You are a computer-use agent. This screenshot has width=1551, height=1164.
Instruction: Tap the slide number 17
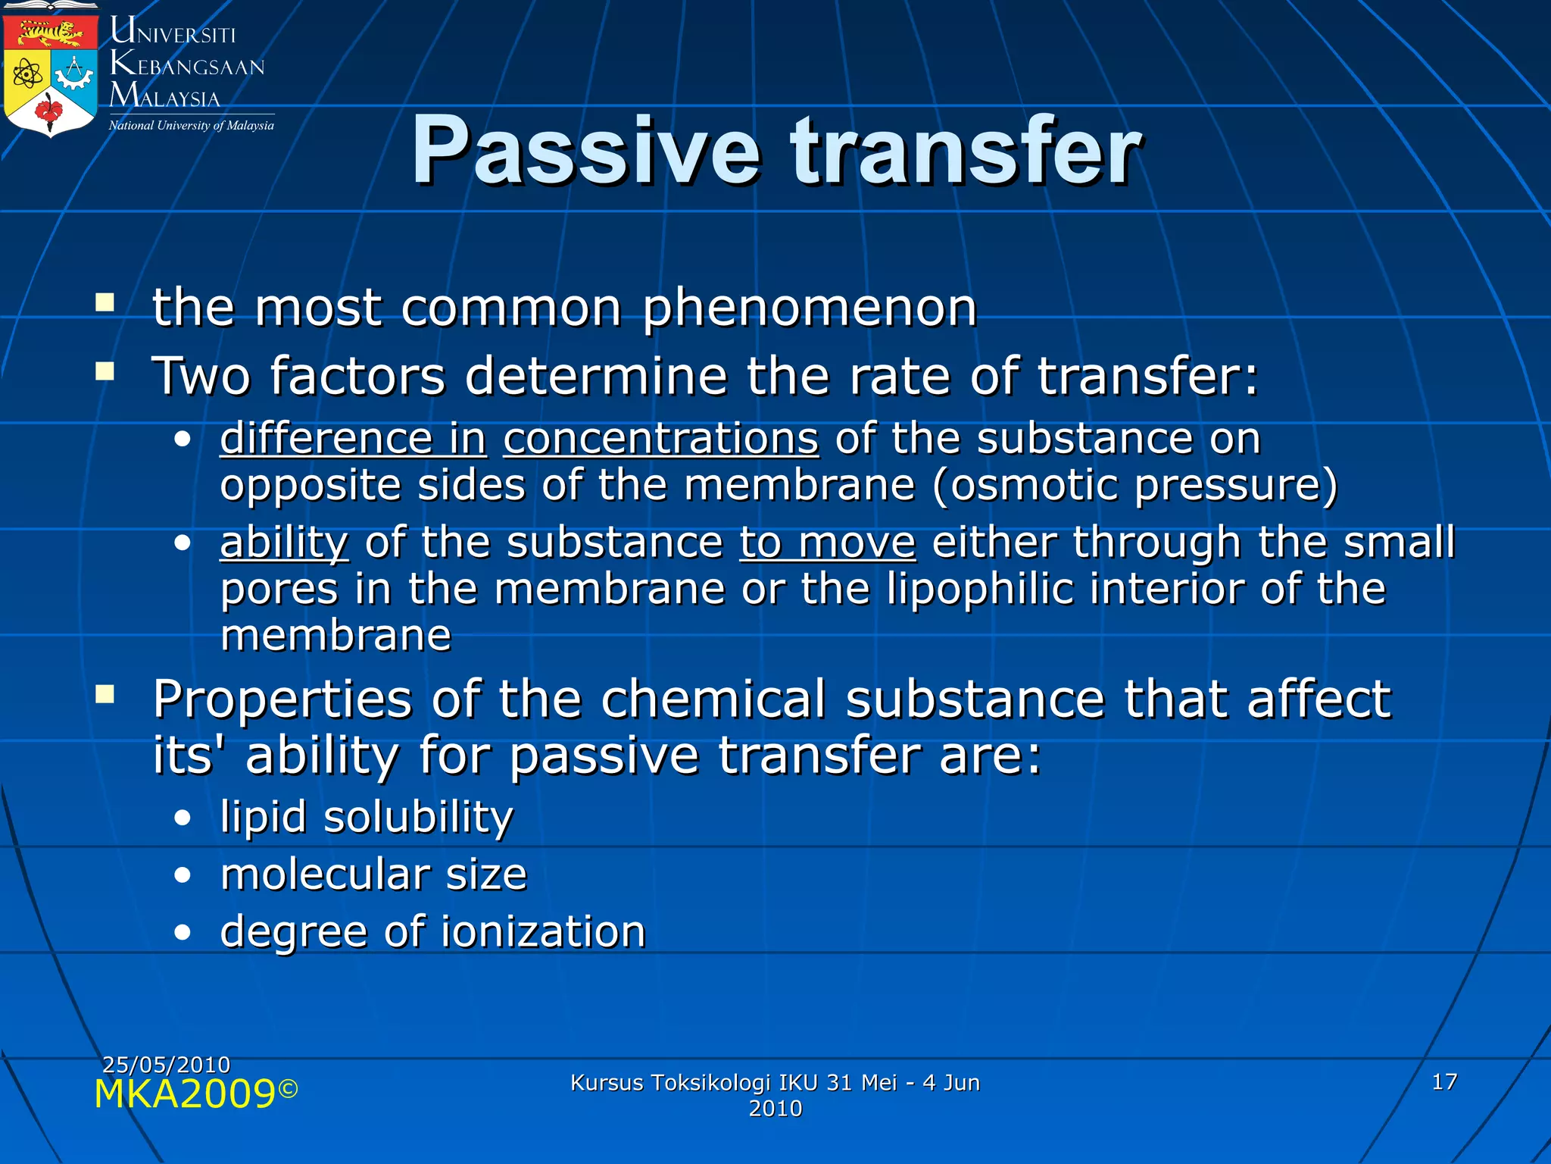click(1444, 1081)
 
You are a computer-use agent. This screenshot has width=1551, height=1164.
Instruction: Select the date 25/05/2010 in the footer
click(166, 1065)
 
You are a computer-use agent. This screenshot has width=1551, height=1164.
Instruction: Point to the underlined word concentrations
click(661, 439)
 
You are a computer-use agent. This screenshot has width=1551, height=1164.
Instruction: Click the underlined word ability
click(284, 543)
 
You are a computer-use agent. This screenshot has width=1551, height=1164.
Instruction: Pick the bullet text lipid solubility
click(367, 817)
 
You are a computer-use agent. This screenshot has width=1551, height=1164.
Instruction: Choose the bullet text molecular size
click(373, 875)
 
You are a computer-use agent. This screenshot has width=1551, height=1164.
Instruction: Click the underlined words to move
click(828, 543)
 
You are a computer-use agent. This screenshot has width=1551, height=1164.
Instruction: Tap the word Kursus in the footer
click(604, 1082)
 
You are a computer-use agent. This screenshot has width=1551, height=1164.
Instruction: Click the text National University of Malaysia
click(191, 126)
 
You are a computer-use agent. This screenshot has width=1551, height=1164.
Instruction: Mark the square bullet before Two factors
click(105, 371)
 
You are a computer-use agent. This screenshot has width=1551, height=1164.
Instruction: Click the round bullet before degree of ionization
click(182, 933)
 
